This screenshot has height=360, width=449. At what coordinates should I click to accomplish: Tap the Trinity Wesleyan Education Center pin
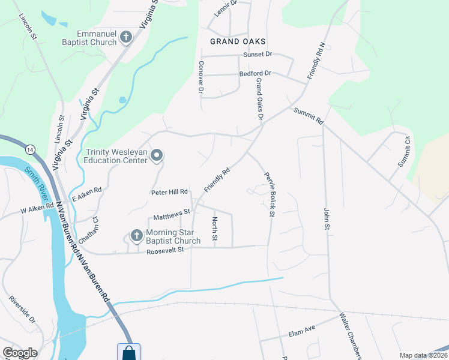tap(157, 156)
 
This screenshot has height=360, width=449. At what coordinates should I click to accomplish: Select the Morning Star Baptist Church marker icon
tap(136, 235)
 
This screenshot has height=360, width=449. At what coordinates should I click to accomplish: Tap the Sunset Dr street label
tap(258, 54)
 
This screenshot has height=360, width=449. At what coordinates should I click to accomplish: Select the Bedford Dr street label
tap(256, 73)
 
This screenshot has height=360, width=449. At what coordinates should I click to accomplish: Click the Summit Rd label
tap(309, 116)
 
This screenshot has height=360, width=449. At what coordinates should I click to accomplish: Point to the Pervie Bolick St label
tap(268, 194)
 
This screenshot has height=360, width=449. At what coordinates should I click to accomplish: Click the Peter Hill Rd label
tap(169, 193)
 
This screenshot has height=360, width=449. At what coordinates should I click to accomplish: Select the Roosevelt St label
tap(169, 250)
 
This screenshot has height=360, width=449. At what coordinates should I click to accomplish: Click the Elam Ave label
tap(302, 331)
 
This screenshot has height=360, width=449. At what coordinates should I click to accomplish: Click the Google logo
tap(20, 353)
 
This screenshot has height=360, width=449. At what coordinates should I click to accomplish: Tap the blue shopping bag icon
tap(129, 352)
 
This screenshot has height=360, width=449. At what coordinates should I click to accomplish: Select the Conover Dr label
tap(201, 77)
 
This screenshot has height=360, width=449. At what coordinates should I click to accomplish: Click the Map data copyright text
tap(423, 355)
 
